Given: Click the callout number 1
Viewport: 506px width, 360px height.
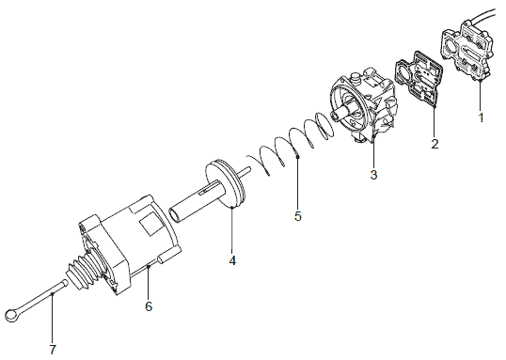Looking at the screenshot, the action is tap(481, 117).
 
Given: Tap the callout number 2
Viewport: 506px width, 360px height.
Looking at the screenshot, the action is tap(435, 144).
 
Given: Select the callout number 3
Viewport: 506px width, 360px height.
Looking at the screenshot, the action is tap(373, 175).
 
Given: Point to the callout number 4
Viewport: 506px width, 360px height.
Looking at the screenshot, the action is tap(232, 260).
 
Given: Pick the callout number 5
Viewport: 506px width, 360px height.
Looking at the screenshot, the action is tap(297, 216).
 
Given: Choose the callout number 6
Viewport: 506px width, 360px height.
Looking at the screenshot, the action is tap(149, 306).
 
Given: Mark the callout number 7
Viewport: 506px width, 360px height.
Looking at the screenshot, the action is tap(53, 350).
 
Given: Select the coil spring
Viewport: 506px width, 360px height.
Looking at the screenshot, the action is tap(291, 142).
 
